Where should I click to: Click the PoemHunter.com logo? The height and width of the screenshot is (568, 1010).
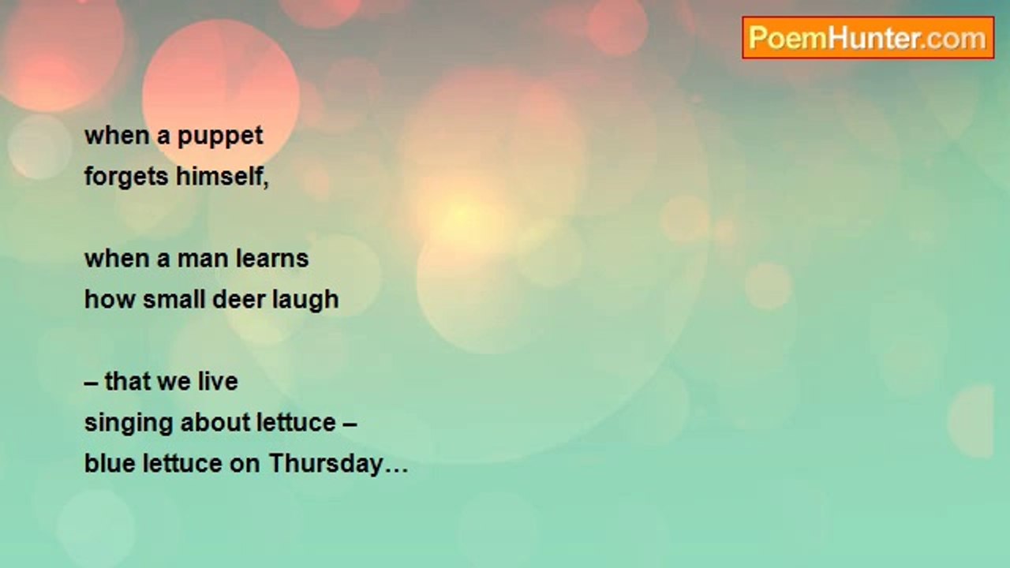tap(868, 38)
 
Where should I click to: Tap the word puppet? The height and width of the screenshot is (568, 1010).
tap(220, 136)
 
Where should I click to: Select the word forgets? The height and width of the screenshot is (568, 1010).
tap(126, 177)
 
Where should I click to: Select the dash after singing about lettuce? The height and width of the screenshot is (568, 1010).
tap(350, 425)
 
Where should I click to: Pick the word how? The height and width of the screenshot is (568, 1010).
tap(110, 299)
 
